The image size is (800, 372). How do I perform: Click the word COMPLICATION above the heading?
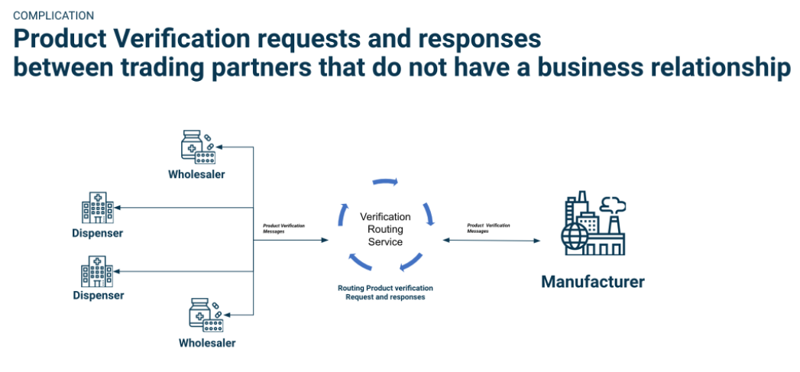[53, 15]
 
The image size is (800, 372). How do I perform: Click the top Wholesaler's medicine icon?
[198, 147]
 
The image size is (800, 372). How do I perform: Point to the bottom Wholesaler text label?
[207, 343]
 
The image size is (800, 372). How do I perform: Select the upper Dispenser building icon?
[97, 208]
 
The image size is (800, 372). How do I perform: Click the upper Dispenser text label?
[98, 233]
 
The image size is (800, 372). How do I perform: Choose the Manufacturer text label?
[592, 282]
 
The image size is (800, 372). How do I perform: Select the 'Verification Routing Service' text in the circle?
[385, 229]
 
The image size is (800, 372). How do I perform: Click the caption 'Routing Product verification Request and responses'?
[385, 293]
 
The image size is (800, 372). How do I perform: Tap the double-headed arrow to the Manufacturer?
[491, 241]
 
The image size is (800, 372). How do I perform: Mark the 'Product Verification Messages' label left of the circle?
[283, 228]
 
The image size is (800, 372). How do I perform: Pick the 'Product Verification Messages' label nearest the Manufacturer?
[488, 228]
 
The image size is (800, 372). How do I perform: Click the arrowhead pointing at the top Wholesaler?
[220, 146]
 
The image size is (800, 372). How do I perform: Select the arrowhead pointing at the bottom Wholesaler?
[220, 313]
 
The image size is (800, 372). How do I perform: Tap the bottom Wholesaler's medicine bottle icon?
[199, 312]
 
